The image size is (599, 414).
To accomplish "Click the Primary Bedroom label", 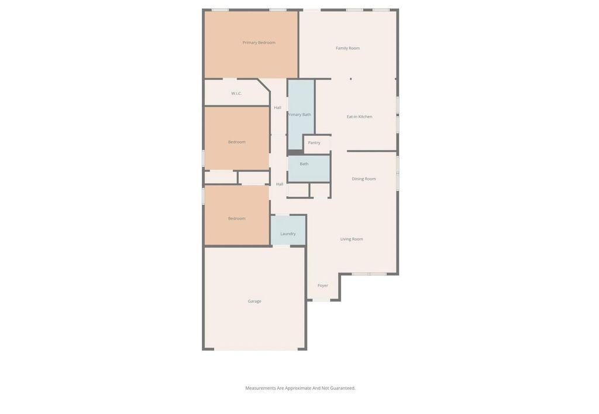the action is (x=259, y=42).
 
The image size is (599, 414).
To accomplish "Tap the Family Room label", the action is (x=347, y=48).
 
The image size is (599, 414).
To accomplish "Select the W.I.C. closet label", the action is (x=236, y=93).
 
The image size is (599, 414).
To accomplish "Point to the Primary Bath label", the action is (x=299, y=115).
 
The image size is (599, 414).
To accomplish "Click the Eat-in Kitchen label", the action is (x=360, y=117).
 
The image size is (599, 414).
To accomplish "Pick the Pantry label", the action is (x=314, y=143).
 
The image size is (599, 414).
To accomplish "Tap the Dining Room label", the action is (x=364, y=179).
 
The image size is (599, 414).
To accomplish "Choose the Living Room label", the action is (x=352, y=239).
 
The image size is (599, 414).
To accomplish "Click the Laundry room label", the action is (x=288, y=234).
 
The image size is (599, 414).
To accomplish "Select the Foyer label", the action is (x=323, y=286).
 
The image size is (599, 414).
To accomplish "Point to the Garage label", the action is (x=254, y=301).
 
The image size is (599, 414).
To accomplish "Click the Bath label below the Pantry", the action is (x=304, y=164).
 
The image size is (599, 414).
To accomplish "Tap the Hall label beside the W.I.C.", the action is (x=278, y=108).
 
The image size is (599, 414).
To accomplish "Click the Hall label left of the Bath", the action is (x=280, y=184).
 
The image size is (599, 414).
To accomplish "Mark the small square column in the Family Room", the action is (x=351, y=79).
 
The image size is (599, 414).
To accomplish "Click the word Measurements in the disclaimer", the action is (x=260, y=388).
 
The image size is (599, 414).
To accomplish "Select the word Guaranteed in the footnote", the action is (x=343, y=388).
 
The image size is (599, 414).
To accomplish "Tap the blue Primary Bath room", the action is (x=301, y=115).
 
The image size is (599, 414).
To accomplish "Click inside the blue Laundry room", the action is (x=288, y=230).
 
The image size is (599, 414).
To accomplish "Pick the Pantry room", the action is (x=317, y=144).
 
